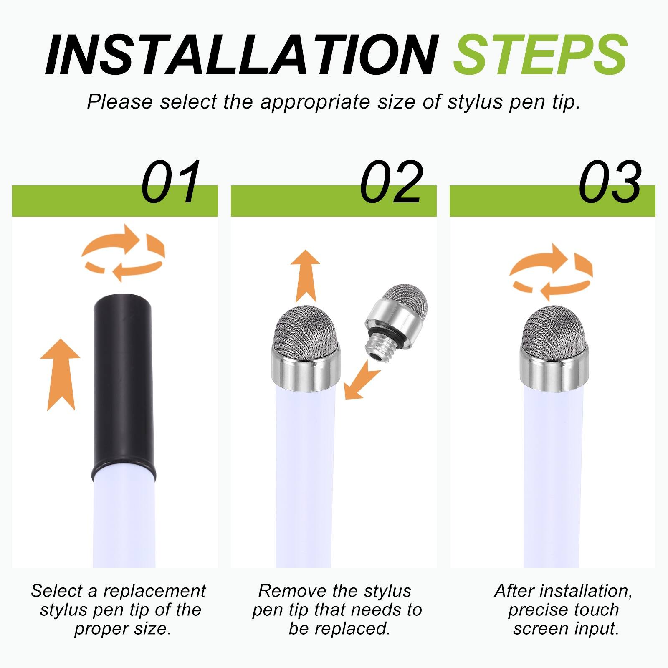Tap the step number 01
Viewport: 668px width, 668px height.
pos(171,182)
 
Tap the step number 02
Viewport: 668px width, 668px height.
pos(391,182)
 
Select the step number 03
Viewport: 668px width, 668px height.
pos(610,182)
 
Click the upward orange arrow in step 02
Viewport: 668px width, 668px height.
pos(305,276)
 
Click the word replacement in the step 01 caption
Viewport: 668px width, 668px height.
pos(154,591)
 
